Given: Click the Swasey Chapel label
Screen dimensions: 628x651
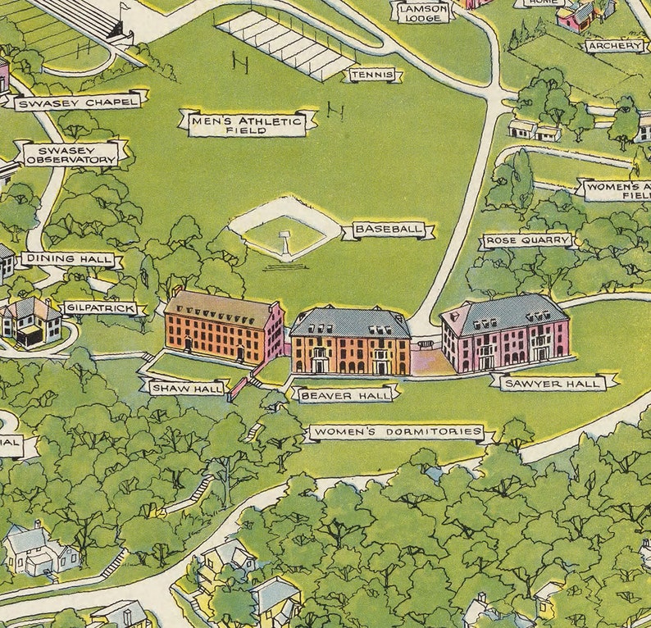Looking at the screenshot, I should click(x=79, y=102).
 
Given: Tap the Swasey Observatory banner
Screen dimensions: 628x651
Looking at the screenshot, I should click(x=71, y=153).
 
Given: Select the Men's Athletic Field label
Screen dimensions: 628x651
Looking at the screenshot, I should click(x=248, y=124).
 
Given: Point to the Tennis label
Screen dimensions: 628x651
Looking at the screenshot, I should click(x=373, y=75).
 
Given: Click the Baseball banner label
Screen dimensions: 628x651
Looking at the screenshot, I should click(x=388, y=230).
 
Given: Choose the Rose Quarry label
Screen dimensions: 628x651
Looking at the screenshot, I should click(x=526, y=241).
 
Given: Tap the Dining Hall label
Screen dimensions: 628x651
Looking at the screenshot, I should click(x=68, y=259).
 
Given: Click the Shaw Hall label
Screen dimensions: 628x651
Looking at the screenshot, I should click(x=186, y=387).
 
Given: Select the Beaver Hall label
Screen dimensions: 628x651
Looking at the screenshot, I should click(x=344, y=395).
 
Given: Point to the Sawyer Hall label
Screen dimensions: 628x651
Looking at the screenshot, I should click(x=553, y=382).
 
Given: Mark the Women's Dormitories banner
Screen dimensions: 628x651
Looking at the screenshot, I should click(x=396, y=432).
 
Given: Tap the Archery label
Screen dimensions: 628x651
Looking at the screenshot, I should click(x=616, y=46).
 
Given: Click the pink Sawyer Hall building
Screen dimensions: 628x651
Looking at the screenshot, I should click(x=505, y=334).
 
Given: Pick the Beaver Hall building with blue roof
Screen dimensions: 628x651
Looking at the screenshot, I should click(x=350, y=341).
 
